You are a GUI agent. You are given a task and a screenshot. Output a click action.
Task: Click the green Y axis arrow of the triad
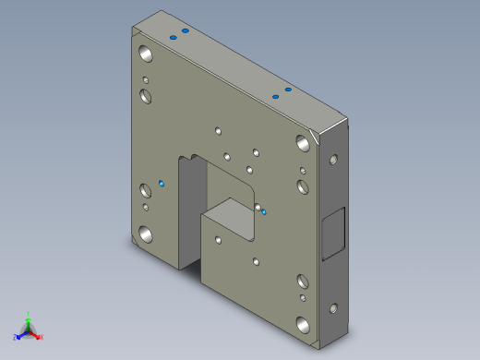coord(28,317)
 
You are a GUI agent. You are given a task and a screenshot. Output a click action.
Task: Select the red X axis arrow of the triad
coord(38,336)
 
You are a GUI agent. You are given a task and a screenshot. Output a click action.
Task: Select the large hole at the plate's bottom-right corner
coord(302,324)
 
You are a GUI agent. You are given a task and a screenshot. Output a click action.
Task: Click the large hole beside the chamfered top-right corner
coord(302,142)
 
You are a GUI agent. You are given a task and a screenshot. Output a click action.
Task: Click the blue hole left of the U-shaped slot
coord(162,184)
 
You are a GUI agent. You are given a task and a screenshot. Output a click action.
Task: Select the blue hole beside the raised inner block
coord(264,212)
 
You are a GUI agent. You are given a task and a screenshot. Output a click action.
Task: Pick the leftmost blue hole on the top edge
coord(173,37)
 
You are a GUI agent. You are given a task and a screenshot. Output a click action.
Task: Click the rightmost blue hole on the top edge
coord(288,90)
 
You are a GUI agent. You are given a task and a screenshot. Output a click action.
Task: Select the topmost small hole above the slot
coord(217,130)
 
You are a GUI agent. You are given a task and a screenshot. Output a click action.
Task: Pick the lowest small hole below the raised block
coord(256,262)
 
